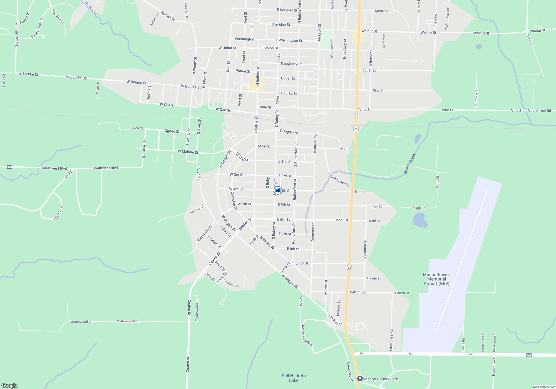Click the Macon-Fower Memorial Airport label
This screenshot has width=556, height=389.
pos(436,279)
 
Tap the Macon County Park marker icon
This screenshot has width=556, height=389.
pos(360,378)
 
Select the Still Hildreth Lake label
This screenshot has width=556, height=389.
pos(294,378)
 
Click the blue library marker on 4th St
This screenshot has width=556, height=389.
pos(278,190)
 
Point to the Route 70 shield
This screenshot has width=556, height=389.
pos(10,167)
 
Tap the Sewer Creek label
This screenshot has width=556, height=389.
pos(410,164)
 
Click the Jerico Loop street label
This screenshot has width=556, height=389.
pos(57,213)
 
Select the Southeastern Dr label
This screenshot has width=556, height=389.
pos(339,180)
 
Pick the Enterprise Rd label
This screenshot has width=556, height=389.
pos(391,340)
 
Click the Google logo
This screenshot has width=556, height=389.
pos(9,385)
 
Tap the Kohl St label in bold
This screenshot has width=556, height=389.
pos(342,220)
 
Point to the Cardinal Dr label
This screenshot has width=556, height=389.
pos(91,8)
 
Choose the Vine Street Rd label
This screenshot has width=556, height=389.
pos(539,111)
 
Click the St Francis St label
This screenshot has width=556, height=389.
pos(476,98)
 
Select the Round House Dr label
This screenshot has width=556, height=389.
pos(307,336)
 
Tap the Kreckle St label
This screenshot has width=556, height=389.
pos(197,209)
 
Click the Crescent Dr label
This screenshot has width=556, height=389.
pos(234,201)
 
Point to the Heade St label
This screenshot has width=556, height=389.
pos(374,278)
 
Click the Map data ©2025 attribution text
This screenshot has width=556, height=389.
pos(544,387)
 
